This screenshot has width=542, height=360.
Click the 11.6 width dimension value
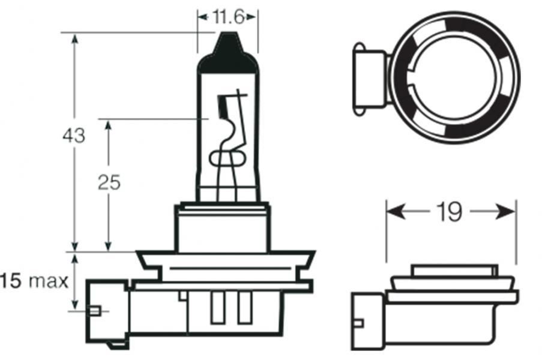[227, 16]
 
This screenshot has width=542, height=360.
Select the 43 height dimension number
[73, 136]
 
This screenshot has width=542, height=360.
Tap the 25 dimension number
[109, 182]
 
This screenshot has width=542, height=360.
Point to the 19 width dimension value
[450, 211]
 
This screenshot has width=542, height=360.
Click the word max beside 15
[48, 281]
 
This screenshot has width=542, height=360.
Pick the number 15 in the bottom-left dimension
[11, 281]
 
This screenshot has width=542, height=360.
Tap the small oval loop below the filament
[227, 158]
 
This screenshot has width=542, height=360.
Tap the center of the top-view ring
[454, 79]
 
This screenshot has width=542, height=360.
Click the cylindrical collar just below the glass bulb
[223, 228]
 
